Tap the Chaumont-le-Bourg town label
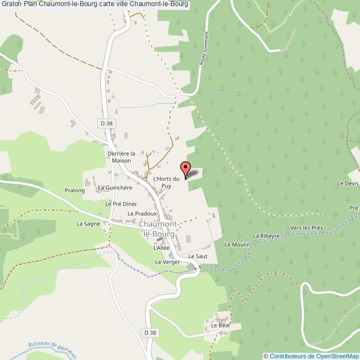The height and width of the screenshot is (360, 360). point(158,229)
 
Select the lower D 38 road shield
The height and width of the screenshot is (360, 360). point(148,332)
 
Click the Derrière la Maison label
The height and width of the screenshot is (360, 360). point(121,157)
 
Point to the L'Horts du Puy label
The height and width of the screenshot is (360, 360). point(166,182)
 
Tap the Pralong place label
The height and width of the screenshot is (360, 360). point(74,191)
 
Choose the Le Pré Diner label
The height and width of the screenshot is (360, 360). point(121,204)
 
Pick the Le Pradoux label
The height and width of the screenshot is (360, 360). point(143,213)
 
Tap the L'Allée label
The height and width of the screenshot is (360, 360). point(162,248)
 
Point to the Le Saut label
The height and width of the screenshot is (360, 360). point(197,257)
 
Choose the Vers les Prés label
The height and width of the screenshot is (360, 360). point(306,228)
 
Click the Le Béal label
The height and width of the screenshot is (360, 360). point(220,326)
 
